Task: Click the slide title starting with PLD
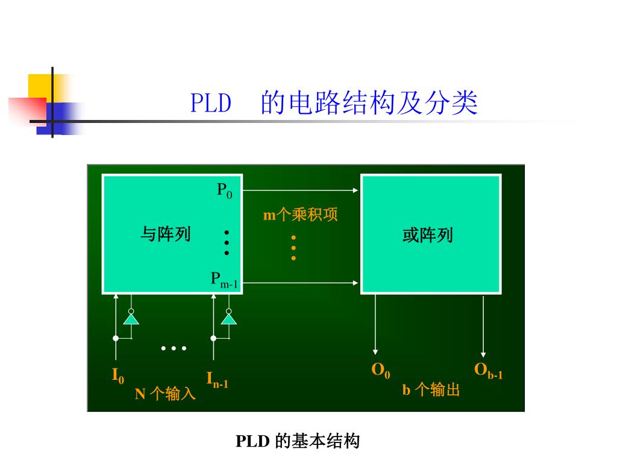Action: click(x=334, y=103)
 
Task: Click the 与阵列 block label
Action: click(x=165, y=234)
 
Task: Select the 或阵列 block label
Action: click(x=428, y=235)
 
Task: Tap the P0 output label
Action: click(x=224, y=191)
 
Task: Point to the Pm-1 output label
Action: click(x=224, y=279)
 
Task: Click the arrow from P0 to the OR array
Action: click(x=301, y=191)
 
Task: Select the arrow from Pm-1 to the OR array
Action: click(x=301, y=282)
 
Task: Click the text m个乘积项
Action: click(x=300, y=215)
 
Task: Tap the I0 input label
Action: click(x=118, y=376)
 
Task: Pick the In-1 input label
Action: click(x=217, y=380)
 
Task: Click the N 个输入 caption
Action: click(x=165, y=394)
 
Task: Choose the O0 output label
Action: click(x=380, y=370)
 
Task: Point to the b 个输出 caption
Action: click(x=431, y=390)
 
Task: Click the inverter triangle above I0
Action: click(x=131, y=318)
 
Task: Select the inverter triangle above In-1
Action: click(x=228, y=318)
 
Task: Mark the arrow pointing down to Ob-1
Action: click(x=483, y=326)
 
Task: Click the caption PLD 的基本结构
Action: click(x=297, y=442)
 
